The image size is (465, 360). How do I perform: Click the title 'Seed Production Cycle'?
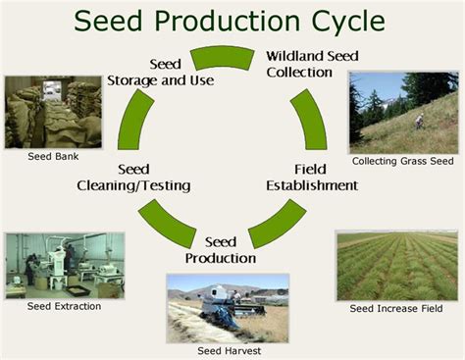pos(232,22)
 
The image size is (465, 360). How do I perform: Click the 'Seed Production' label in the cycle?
pos(221,250)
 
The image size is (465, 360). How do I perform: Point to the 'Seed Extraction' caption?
pos(63,306)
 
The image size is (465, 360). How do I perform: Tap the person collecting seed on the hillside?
pos(419,121)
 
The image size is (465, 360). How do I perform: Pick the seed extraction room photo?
pos(64,264)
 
